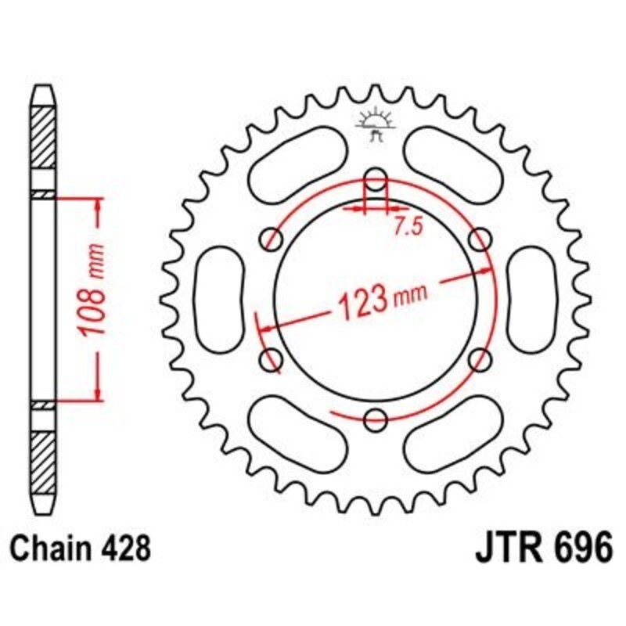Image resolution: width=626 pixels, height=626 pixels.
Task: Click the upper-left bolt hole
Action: [x=272, y=237]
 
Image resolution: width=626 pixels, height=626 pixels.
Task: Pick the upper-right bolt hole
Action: [x=480, y=237]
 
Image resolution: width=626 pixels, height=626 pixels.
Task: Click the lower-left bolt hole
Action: [x=272, y=359]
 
